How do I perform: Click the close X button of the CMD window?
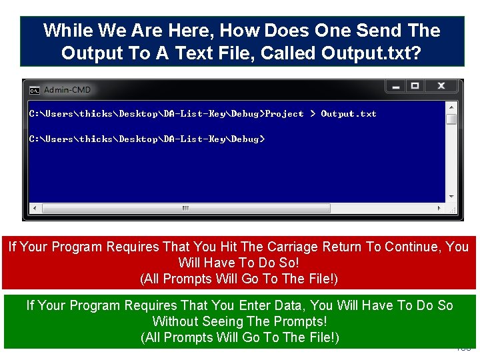coord(441,86)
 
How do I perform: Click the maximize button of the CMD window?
coord(415,86)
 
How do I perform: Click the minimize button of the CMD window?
coord(395,86)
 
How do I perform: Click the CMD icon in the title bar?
coord(34,90)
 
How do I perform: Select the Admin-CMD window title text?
coord(67,90)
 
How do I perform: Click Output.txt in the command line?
coord(349,114)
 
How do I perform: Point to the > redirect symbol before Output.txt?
coord(312,114)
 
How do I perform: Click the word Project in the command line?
coord(285,114)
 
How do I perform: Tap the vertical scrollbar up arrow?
coord(451,107)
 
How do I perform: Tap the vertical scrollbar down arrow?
coord(451,197)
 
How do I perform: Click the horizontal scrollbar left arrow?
coord(33,207)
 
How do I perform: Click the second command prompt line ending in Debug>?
coord(147,139)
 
